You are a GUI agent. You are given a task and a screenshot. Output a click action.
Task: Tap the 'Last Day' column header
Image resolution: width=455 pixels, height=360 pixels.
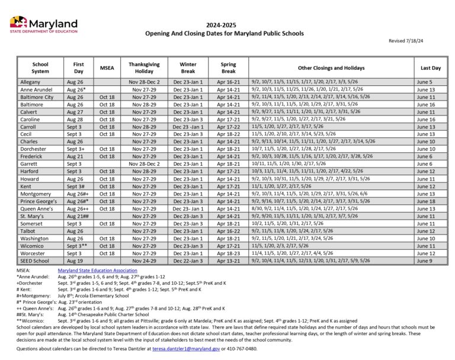click(x=431, y=67)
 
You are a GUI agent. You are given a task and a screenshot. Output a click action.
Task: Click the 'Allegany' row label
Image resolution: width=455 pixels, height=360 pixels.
click(x=30, y=82)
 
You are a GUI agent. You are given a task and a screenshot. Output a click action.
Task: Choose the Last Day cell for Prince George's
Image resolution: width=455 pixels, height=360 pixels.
click(x=425, y=201)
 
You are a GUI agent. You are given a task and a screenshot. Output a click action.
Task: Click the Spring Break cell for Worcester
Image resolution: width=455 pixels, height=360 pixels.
click(x=229, y=253)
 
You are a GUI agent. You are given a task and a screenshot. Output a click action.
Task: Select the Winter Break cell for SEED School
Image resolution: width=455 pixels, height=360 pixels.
click(x=188, y=261)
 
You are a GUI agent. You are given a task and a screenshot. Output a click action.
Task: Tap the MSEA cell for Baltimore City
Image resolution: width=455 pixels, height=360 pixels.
click(x=107, y=97)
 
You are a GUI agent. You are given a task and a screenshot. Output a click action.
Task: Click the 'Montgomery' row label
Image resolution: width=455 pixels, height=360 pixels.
click(x=36, y=194)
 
